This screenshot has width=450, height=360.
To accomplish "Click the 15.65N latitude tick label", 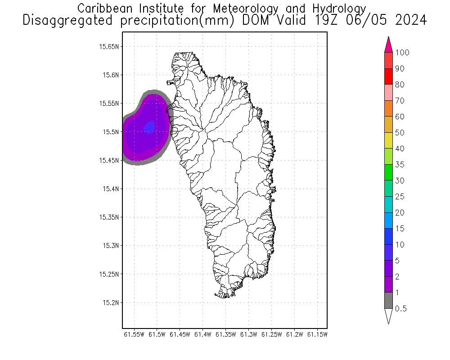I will [109, 46].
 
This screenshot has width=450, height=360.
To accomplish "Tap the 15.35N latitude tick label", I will [109, 217].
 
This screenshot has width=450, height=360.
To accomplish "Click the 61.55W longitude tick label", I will [134, 334].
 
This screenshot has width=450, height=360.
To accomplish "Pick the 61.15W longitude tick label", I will [318, 334].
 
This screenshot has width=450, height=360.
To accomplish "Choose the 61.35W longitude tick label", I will [226, 334].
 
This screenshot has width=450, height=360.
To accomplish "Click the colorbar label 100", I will [402, 53].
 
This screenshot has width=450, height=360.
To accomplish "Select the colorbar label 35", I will [400, 165].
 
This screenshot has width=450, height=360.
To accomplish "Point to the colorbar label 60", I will [400, 117].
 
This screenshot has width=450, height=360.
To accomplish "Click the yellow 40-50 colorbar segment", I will [389, 140].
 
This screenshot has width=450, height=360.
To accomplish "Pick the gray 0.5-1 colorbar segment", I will [389, 300].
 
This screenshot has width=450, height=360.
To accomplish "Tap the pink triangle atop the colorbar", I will [389, 45].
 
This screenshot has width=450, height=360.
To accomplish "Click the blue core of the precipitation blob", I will [150, 127].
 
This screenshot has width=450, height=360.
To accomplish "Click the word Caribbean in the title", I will [102, 8].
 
